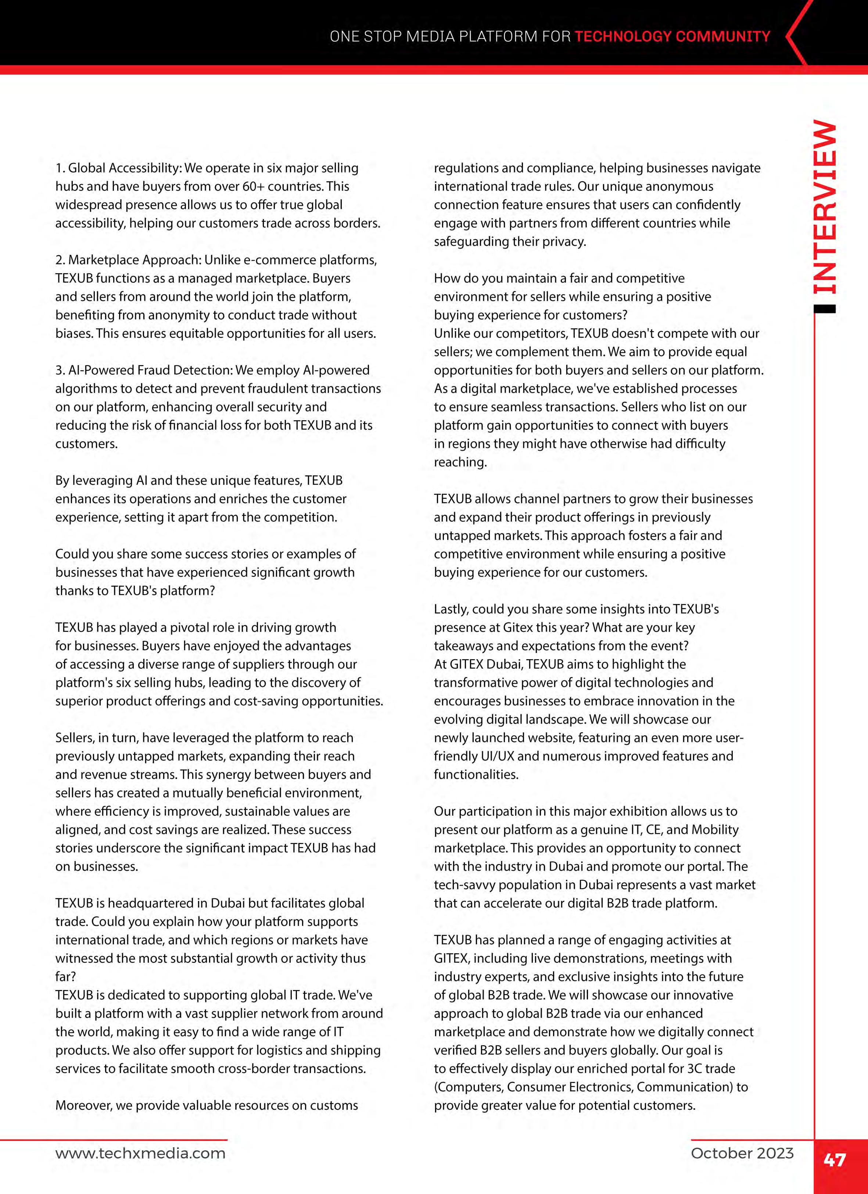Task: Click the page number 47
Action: pos(834,1160)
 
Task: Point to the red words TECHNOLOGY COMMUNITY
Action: pos(672,36)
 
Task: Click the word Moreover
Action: pos(83,1105)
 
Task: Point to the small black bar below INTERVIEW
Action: pos(824,310)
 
